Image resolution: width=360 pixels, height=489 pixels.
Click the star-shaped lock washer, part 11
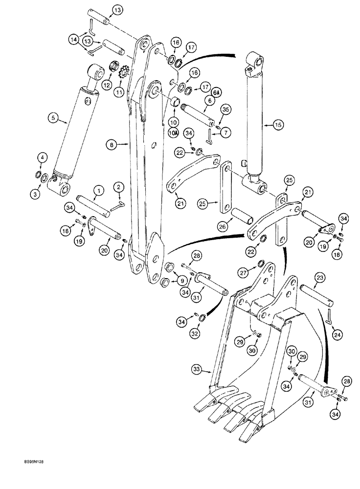tap(124, 74)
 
